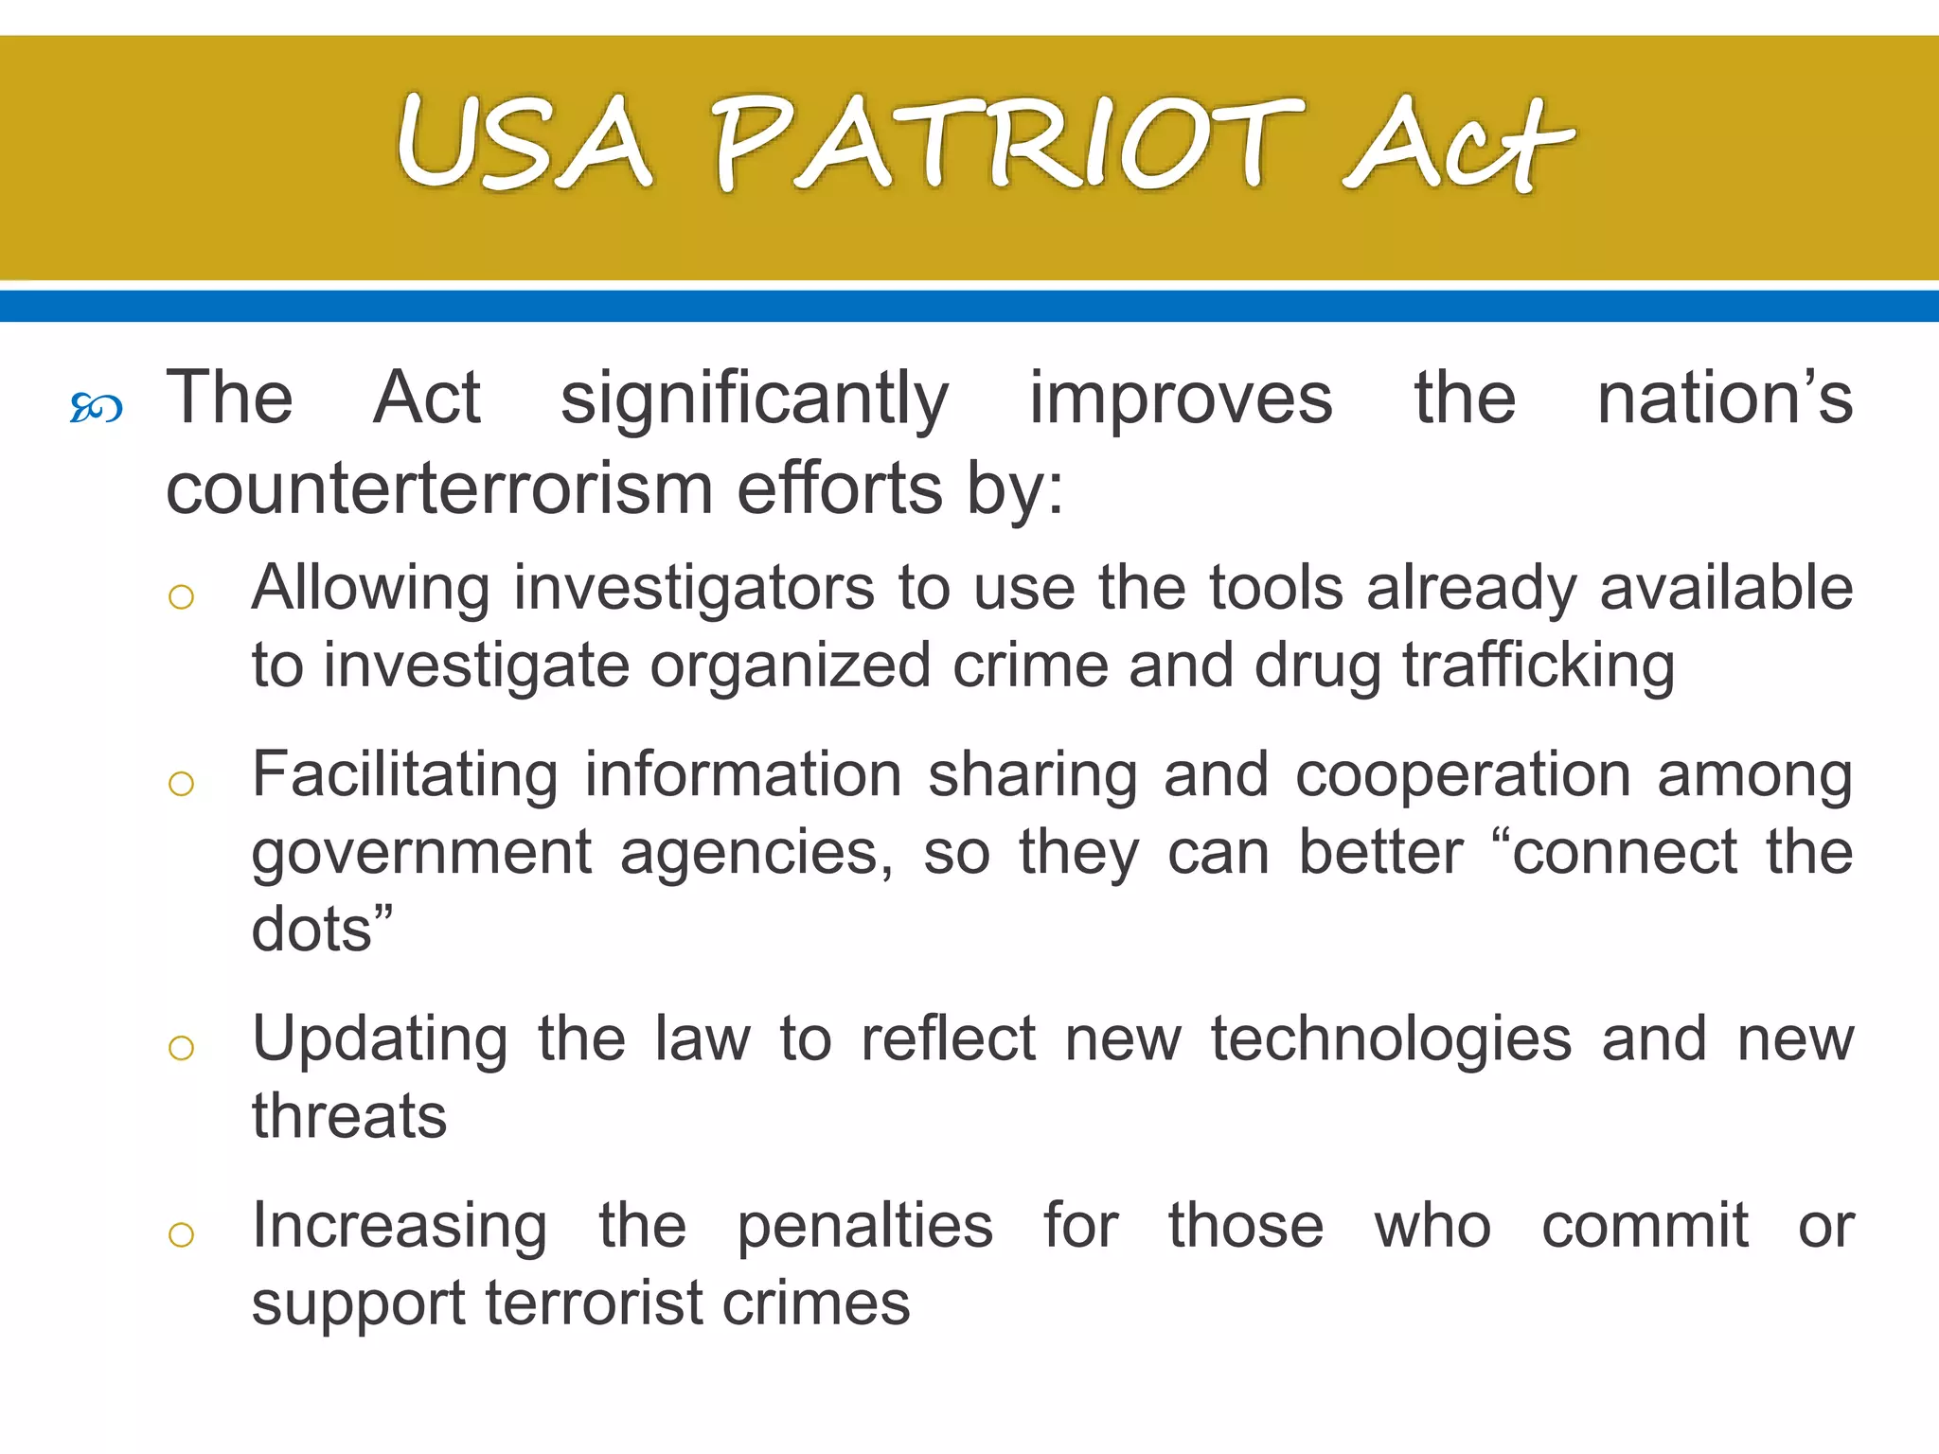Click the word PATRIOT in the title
coord(1005,144)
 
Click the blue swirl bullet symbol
coord(97,408)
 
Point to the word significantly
coord(754,399)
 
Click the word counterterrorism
coord(439,488)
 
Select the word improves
coord(1181,399)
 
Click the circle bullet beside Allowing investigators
coord(181,597)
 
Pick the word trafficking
coord(1539,666)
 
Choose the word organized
coord(791,666)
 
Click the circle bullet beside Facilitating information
coord(181,784)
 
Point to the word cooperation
coord(1463,776)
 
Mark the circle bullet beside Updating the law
coord(181,1048)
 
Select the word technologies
coord(1391,1040)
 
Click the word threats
coord(348,1116)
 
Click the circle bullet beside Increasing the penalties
coord(181,1234)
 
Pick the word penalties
coord(864,1228)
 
